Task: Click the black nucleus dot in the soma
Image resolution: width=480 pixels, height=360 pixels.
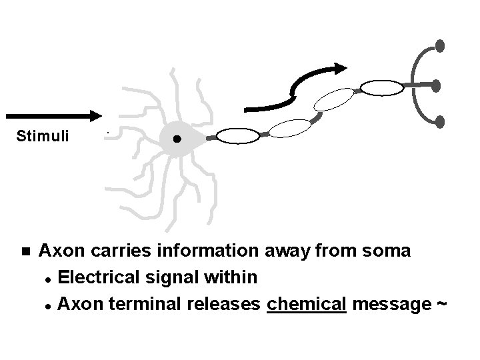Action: click(x=177, y=139)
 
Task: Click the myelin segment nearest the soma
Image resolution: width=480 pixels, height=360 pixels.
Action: click(x=237, y=136)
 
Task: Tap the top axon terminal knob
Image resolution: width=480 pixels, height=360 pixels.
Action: click(x=439, y=45)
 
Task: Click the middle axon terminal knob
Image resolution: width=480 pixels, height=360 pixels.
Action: click(x=436, y=85)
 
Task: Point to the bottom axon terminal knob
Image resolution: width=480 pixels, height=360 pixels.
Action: click(x=439, y=121)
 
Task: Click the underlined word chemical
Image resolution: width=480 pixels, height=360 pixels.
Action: click(x=306, y=304)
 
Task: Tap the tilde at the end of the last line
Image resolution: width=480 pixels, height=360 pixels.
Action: click(x=440, y=304)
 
